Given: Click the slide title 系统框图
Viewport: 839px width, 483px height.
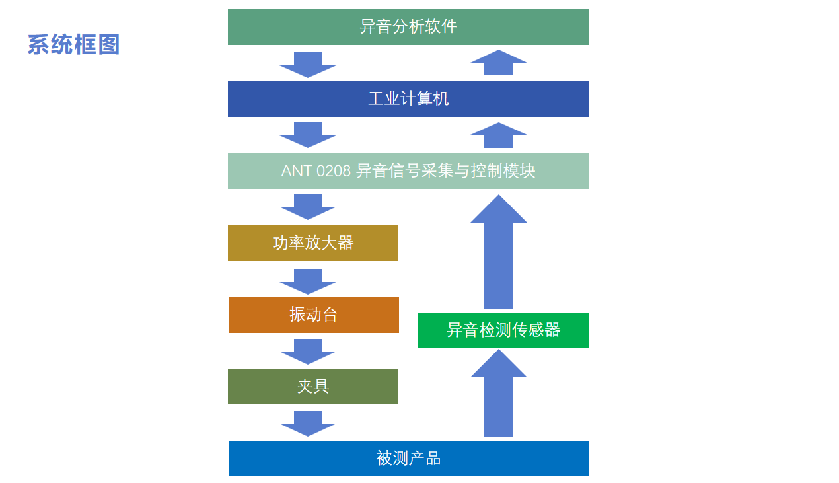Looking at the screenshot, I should click(73, 45).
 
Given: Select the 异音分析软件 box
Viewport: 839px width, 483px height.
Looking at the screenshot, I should click(408, 26).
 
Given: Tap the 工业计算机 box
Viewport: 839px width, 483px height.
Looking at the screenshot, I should click(408, 99).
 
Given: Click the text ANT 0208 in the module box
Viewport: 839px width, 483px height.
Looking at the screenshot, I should click(316, 171).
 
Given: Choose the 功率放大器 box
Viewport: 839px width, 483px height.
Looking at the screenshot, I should click(312, 243).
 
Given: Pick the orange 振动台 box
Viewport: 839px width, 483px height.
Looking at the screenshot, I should click(313, 315).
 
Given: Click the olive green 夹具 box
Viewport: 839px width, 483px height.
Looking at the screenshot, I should click(312, 387).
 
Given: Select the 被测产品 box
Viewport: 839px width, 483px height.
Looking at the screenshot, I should click(408, 459).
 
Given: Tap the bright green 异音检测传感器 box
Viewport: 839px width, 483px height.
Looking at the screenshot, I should click(503, 330).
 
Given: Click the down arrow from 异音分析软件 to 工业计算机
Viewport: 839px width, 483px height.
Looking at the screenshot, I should click(308, 64).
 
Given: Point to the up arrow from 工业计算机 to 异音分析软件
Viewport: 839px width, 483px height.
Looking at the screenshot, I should click(498, 63).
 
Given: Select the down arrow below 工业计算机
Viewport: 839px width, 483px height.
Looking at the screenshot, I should click(308, 134).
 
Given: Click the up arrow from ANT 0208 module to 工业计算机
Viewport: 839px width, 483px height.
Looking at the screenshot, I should click(498, 135).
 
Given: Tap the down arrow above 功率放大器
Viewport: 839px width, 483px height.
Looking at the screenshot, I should click(308, 206).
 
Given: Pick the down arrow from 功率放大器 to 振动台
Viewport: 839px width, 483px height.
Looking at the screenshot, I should click(308, 281).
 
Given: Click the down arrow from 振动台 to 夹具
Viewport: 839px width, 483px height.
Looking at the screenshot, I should click(308, 351).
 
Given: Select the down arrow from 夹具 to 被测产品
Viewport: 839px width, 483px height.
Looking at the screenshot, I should click(308, 423).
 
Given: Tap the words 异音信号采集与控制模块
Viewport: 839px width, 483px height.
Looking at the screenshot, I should click(445, 171).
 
